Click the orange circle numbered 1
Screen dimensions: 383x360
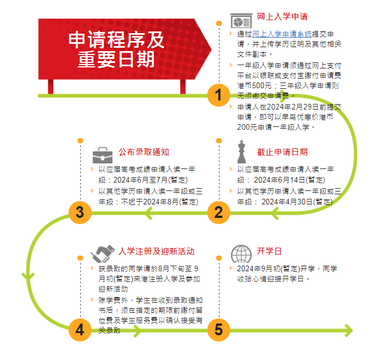pyautogui.click(x=218, y=95)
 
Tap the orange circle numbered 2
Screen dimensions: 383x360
pyautogui.click(x=218, y=212)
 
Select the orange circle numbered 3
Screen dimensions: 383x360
pyautogui.click(x=80, y=212)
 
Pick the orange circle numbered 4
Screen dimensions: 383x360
pyautogui.click(x=80, y=330)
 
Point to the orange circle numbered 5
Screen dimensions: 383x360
pyautogui.click(x=218, y=330)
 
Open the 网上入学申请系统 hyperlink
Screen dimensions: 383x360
pyautogui.click(x=282, y=34)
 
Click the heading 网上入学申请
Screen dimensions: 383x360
pyautogui.click(x=282, y=17)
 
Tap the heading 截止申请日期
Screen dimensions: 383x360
pyautogui.click(x=282, y=152)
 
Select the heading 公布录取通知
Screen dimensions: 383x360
pyautogui.click(x=144, y=152)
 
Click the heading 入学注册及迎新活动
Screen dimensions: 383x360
pyautogui.click(x=156, y=251)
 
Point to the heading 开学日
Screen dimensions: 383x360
pyautogui.click(x=269, y=251)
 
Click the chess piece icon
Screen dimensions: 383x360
pyautogui.click(x=241, y=152)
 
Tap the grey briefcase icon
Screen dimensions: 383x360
pyautogui.click(x=103, y=155)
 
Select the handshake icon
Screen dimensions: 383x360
pyautogui.click(x=103, y=254)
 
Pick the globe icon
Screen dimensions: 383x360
pyautogui.click(x=241, y=254)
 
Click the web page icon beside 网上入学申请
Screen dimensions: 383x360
pyautogui.click(x=241, y=21)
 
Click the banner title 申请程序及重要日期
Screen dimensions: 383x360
pyautogui.click(x=116, y=49)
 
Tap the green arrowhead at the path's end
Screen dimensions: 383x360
pyautogui.click(x=349, y=330)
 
